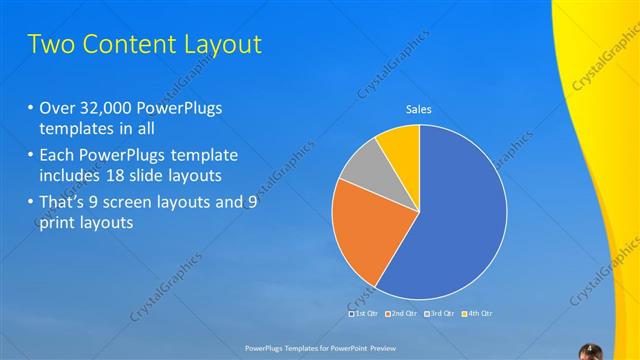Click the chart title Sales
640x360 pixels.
419,110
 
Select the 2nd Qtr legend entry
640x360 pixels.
403,314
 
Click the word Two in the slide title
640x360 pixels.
50,45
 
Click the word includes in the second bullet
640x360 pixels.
71,176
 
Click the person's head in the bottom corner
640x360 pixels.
590,349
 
